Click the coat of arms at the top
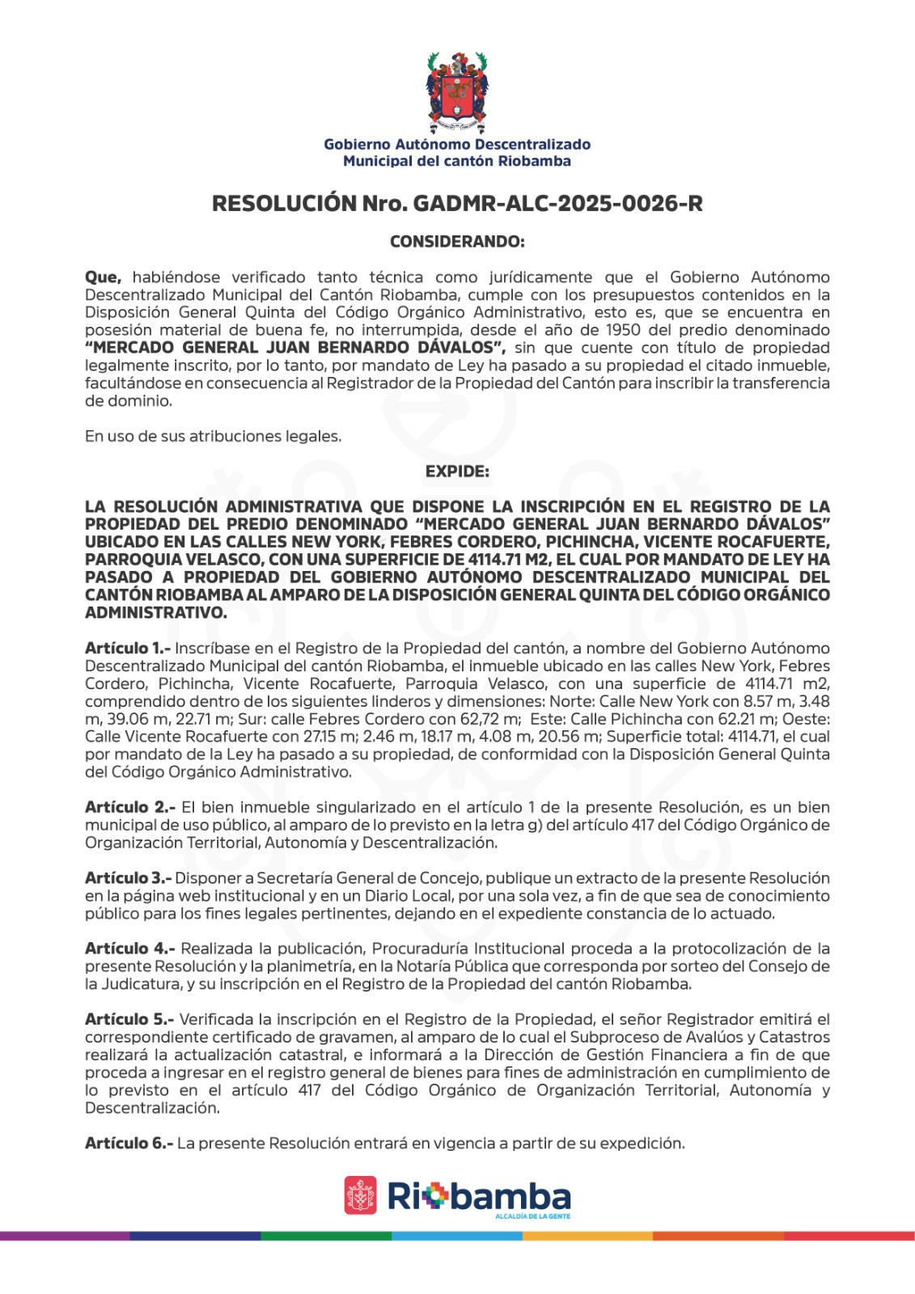click(x=457, y=92)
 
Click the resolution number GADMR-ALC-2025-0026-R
click(x=557, y=204)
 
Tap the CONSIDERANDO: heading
click(x=457, y=242)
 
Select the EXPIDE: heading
click(x=457, y=472)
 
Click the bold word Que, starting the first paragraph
click(x=103, y=277)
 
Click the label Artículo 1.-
click(x=127, y=649)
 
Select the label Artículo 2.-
click(x=129, y=807)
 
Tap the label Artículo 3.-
click(x=128, y=878)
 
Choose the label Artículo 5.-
click(x=129, y=1020)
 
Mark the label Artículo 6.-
click(x=129, y=1144)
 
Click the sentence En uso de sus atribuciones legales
click(x=213, y=437)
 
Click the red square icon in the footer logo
click(x=360, y=1195)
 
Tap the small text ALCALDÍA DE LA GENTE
click(x=532, y=1216)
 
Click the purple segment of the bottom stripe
click(x=65, y=1236)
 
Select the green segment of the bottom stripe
click(x=326, y=1236)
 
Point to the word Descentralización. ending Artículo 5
click(x=152, y=1108)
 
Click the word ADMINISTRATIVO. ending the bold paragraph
click(x=155, y=613)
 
